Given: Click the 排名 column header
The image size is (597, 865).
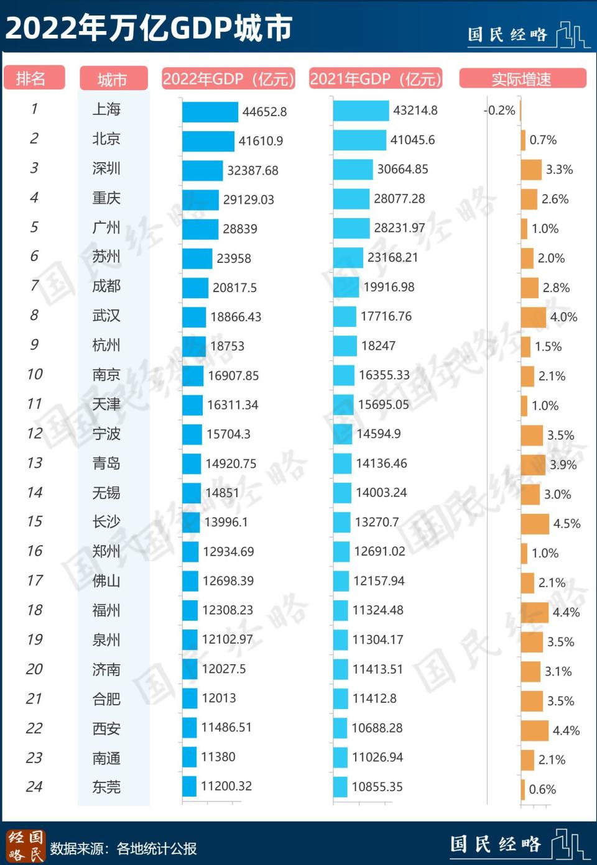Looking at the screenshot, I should (x=34, y=78).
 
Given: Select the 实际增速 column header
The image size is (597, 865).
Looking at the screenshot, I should (x=522, y=79).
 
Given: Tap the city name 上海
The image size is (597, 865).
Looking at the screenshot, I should (x=106, y=109).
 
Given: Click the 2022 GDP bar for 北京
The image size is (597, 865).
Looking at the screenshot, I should (x=208, y=141).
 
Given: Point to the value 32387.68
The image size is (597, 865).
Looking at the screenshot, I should (x=252, y=170).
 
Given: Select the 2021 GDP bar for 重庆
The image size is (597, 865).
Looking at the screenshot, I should (x=351, y=199).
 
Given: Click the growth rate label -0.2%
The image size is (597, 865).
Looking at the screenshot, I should (x=501, y=111).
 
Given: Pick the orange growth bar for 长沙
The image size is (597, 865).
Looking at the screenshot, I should (x=535, y=524).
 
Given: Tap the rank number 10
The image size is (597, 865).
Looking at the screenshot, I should (x=35, y=374).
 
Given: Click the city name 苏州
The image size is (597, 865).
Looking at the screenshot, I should (x=106, y=257).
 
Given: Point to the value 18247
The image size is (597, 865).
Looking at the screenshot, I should (x=378, y=346).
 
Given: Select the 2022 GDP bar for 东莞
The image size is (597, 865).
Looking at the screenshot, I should (x=189, y=786).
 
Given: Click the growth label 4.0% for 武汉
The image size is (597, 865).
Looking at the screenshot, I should (x=563, y=317).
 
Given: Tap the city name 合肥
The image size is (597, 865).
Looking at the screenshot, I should (x=106, y=699).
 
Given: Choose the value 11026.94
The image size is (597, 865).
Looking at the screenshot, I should (x=377, y=757).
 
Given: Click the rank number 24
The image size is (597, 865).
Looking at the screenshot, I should (x=34, y=787).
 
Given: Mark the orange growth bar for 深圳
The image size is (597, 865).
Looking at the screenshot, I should (x=531, y=170).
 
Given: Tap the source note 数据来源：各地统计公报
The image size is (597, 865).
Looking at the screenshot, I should (x=123, y=848).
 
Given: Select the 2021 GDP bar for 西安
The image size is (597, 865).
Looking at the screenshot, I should (x=340, y=728).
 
